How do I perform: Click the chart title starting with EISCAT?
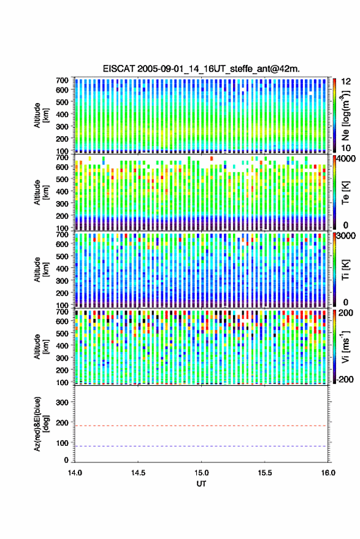[201, 69]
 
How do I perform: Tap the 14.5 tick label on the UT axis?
[138, 473]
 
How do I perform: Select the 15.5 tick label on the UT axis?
[264, 473]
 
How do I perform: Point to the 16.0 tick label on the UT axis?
[327, 473]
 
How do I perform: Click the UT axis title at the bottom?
[201, 484]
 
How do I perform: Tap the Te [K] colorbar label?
[345, 193]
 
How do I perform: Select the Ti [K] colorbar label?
[345, 270]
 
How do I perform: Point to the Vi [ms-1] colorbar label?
[345, 346]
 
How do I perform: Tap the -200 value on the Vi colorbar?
[345, 379]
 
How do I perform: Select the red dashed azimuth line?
[201, 426]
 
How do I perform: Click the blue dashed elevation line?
[201, 446]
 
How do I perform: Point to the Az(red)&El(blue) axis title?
[42, 424]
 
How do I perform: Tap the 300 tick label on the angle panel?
[62, 402]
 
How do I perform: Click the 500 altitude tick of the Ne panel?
[62, 102]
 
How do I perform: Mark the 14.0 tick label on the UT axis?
[75, 473]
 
